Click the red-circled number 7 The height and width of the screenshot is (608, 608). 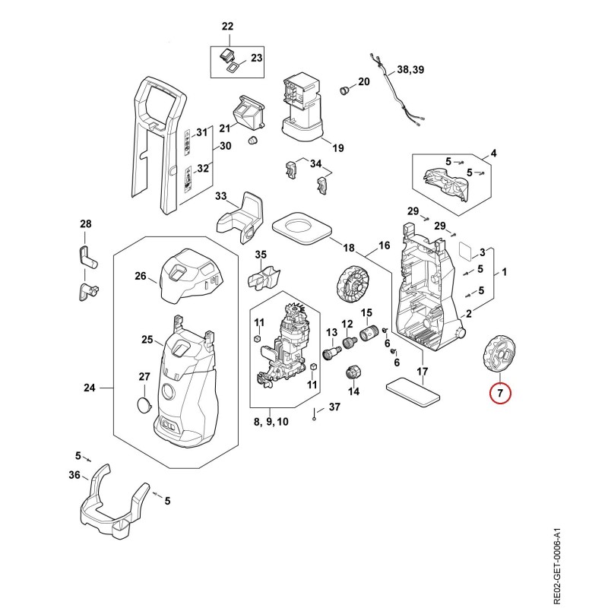tap(500, 393)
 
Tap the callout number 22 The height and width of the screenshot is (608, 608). tap(227, 27)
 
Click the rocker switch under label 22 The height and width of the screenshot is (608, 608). tap(226, 55)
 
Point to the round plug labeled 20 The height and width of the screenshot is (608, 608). tap(344, 90)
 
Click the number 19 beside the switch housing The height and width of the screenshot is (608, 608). tap(337, 147)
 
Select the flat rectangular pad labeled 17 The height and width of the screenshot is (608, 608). tap(413, 392)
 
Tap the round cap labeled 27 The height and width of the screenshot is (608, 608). tap(144, 405)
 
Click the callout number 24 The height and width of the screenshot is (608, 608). tap(90, 388)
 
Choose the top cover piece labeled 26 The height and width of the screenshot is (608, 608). tap(191, 276)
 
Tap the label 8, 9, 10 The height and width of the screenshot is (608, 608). tap(271, 422)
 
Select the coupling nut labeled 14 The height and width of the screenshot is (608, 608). tap(353, 373)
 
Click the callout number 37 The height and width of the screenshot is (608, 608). tap(334, 407)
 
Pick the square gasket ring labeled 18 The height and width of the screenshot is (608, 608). tap(302, 228)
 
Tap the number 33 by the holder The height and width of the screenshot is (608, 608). tap(220, 196)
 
